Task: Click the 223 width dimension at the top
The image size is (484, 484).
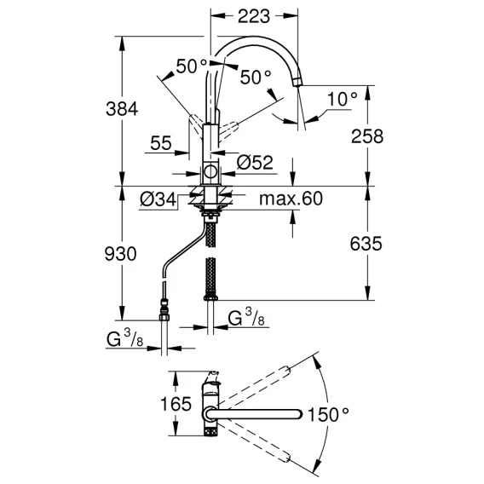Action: [254, 16]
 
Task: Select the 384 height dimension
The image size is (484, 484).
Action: [122, 109]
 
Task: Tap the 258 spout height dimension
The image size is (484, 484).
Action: [367, 136]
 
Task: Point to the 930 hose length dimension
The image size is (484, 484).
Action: [120, 254]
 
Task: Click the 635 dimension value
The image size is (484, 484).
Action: [366, 244]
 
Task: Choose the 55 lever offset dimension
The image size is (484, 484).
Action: [161, 143]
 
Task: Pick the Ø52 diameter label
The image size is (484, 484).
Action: [255, 163]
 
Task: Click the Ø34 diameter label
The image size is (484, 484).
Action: [158, 199]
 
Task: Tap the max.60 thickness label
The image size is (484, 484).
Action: [291, 199]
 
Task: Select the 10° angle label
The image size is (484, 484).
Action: [342, 99]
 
